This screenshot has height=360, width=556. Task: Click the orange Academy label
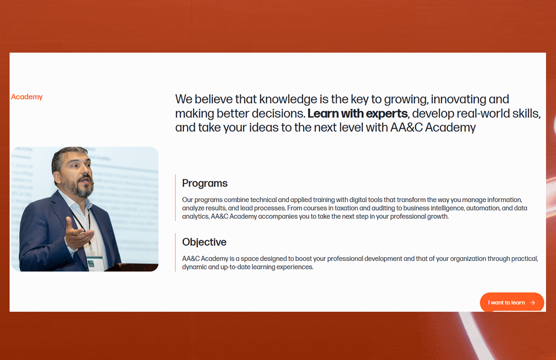click(x=27, y=97)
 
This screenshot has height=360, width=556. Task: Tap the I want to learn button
click(x=512, y=302)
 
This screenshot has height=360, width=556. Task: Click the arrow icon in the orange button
click(x=533, y=303)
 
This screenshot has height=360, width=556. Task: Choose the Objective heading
click(x=204, y=242)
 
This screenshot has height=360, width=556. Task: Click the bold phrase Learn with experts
click(x=357, y=113)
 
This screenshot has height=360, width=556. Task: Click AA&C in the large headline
click(x=406, y=128)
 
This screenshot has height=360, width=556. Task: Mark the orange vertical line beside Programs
click(x=175, y=197)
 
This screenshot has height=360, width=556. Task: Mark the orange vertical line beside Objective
click(x=175, y=252)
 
